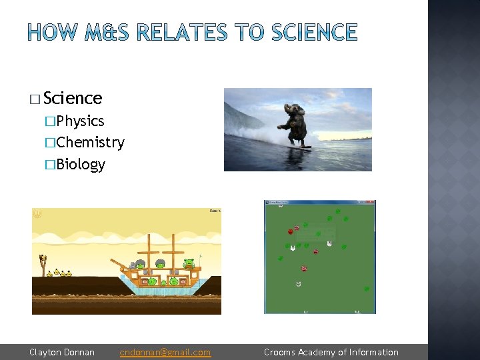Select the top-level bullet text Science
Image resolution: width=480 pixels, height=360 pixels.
pos(73,98)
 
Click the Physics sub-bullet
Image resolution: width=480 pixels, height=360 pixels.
pos(80,121)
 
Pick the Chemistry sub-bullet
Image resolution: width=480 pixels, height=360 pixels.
pos(90,142)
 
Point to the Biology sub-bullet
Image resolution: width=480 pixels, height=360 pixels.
pos(81,164)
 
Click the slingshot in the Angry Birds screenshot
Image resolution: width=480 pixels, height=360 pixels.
pos(44,263)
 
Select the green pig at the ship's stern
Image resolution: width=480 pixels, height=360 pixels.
pos(189,263)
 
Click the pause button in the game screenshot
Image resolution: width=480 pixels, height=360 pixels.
pos(37,214)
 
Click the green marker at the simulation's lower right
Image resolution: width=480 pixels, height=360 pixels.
pos(366,289)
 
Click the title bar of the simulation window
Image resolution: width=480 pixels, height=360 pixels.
pos(320,203)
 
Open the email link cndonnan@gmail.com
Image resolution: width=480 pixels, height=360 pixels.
pos(165,352)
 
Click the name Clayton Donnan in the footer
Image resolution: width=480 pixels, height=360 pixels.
pos(62,352)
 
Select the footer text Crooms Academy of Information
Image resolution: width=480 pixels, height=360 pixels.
pos(331,352)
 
